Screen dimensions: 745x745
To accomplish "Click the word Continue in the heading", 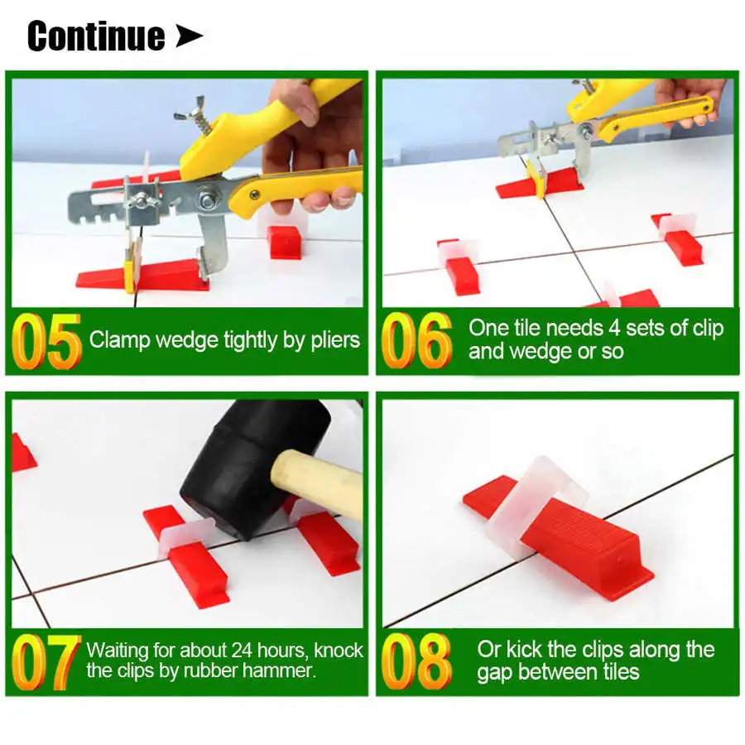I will click(96, 36).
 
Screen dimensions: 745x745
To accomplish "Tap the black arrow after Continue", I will click(189, 36).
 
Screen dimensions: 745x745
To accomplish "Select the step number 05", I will click(46, 340).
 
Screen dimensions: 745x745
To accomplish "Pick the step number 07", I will click(46, 661).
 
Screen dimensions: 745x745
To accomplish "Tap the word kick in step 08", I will click(523, 650).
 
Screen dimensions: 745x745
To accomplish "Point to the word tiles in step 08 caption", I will click(616, 672).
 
